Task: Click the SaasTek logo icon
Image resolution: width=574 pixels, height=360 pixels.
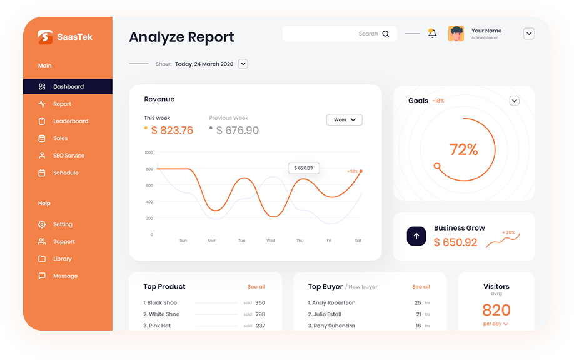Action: (45, 37)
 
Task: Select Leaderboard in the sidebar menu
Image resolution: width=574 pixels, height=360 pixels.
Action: (70, 121)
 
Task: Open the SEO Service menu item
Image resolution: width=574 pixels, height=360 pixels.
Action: (68, 156)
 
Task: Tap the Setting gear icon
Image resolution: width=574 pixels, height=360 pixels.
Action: (42, 224)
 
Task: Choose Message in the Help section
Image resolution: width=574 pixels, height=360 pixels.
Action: (65, 276)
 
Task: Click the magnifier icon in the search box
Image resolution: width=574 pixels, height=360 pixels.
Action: (386, 34)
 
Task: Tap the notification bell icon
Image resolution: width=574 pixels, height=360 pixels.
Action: (432, 33)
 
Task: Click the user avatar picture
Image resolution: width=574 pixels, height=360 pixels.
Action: (456, 34)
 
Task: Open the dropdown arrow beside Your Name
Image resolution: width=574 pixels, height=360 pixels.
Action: (529, 34)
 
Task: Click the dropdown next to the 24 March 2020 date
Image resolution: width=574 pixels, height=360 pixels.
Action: (243, 64)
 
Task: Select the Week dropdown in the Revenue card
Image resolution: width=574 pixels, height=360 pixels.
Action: (345, 119)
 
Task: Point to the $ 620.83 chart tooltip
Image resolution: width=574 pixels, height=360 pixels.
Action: (304, 168)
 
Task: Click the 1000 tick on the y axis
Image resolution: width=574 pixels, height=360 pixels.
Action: (149, 152)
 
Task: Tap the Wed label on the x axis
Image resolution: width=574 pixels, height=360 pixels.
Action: (271, 241)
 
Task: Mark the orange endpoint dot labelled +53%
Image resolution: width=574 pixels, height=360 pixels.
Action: (361, 171)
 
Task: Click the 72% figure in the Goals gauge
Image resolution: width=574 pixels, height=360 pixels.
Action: (464, 150)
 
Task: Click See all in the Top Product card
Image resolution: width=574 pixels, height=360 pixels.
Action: (256, 287)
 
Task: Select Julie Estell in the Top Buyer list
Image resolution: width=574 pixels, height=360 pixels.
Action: (327, 314)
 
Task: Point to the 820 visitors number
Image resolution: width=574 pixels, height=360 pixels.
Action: (496, 310)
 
